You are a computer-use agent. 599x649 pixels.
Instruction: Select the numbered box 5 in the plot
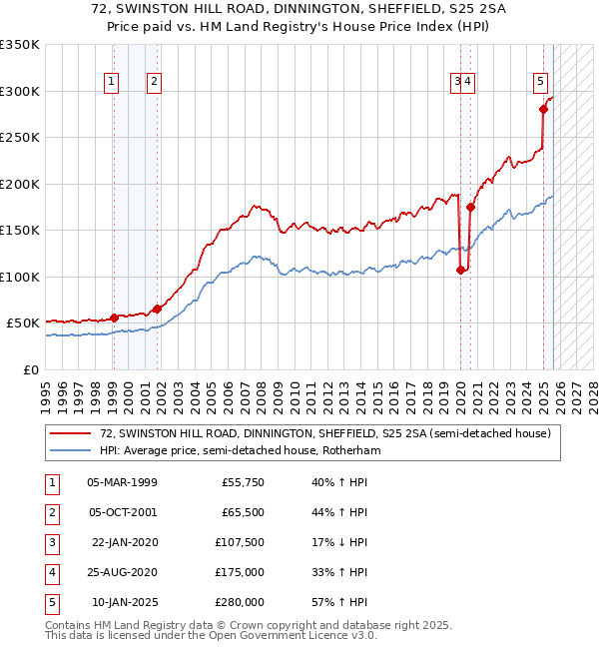540,83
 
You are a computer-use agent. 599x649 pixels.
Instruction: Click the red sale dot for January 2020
460,270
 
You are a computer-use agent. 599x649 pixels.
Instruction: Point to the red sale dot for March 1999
114,318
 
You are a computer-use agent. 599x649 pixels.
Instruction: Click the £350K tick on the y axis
20,45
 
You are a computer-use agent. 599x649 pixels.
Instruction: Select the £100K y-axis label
20,277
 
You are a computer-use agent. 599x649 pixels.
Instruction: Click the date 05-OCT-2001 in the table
122,512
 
